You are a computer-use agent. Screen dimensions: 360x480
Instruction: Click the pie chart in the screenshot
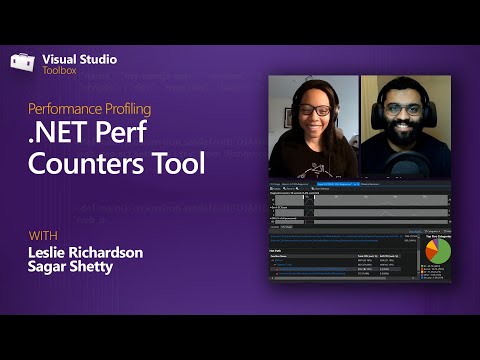[437, 252]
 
